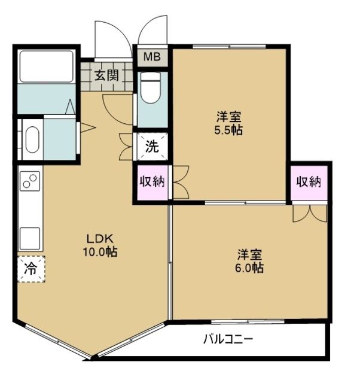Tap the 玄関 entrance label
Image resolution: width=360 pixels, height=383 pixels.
pyautogui.click(x=106, y=75)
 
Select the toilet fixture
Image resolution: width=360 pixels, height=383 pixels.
pyautogui.click(x=151, y=89)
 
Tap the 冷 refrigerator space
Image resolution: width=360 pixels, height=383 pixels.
pyautogui.click(x=30, y=270)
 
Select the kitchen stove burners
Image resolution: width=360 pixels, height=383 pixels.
pyautogui.click(x=30, y=180)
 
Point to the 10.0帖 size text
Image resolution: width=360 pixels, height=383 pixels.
pyautogui.click(x=99, y=252)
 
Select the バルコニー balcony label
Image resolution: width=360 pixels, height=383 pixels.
pyautogui.click(x=228, y=339)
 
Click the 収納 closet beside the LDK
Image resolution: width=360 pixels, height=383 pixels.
pyautogui.click(x=152, y=182)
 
